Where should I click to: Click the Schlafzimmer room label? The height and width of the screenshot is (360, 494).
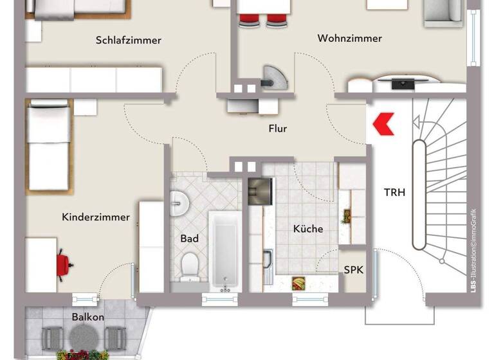[x=128, y=40]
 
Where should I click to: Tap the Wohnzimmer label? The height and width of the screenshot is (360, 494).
[x=349, y=39]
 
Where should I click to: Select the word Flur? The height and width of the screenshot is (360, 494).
[x=277, y=129]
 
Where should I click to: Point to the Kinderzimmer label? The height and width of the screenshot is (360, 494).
[x=96, y=217]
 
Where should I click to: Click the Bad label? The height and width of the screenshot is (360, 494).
[x=189, y=239]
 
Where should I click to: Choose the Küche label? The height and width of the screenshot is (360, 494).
[x=308, y=229]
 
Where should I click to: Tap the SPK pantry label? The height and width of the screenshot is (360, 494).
[x=353, y=271]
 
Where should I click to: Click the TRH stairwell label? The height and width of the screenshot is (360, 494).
[x=394, y=192]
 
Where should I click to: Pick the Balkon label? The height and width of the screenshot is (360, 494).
[x=88, y=317]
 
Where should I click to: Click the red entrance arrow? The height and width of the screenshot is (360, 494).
[x=384, y=123]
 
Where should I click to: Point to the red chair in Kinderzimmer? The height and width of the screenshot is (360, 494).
[x=63, y=262]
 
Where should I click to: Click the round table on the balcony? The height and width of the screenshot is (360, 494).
[x=82, y=336]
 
